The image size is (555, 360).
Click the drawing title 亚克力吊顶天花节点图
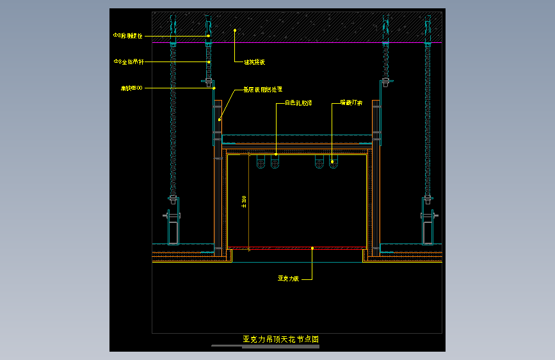[280, 339]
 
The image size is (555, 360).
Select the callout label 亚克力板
[287, 279]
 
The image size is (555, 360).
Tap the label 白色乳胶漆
[298, 102]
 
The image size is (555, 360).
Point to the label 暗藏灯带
[351, 102]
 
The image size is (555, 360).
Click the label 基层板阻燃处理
[262, 90]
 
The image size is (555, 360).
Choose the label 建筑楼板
[254, 62]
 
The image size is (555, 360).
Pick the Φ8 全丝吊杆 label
[129, 61]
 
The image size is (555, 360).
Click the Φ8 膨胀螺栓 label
[127, 36]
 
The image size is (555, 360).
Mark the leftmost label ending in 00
[131, 88]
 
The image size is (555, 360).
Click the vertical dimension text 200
[244, 201]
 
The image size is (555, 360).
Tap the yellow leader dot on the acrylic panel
[312, 248]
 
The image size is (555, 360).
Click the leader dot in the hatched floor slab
[235, 30]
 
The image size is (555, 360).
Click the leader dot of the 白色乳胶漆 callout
[276, 154]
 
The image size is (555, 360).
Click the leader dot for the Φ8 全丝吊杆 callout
[209, 61]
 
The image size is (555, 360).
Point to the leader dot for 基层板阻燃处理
[220, 119]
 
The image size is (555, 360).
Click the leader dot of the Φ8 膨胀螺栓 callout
[209, 36]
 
